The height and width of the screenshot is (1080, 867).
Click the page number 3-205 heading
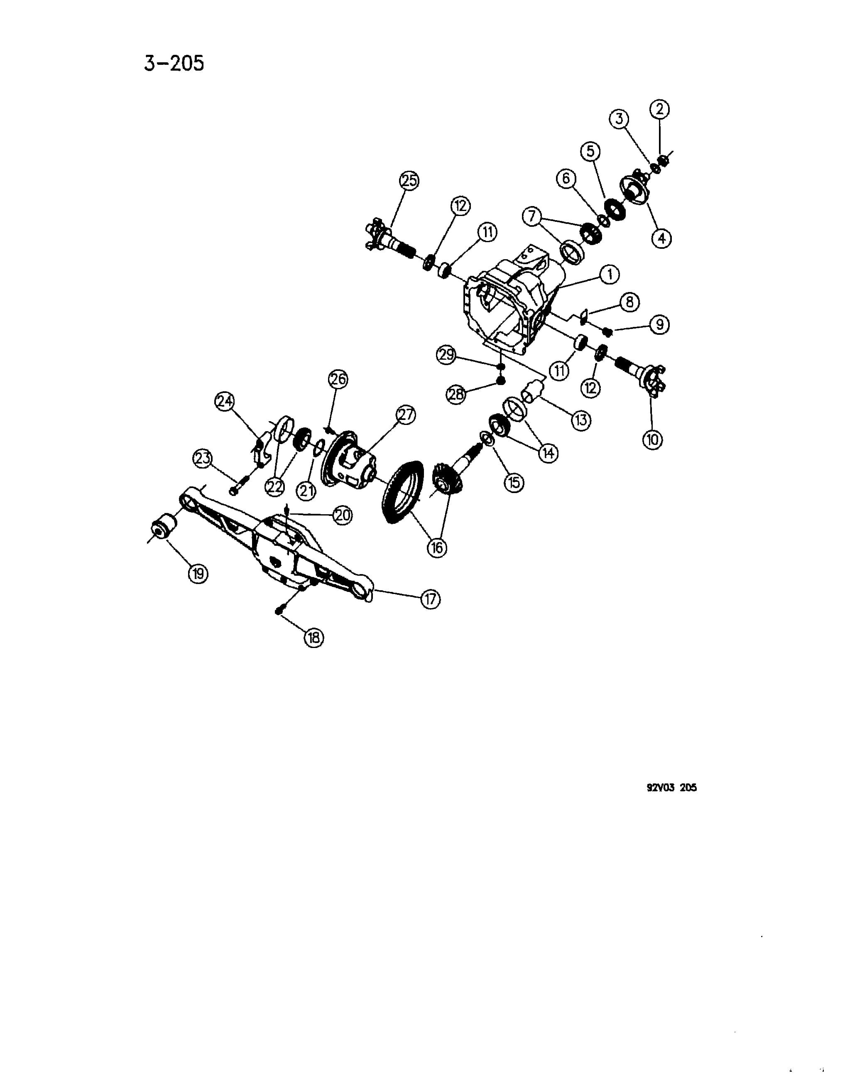174,64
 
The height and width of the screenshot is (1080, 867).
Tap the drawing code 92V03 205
672,788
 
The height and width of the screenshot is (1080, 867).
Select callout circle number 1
610,275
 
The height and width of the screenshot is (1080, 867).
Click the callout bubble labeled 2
660,109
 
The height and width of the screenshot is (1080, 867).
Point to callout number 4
661,238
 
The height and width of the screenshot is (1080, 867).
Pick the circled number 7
532,216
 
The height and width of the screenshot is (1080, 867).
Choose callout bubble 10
653,440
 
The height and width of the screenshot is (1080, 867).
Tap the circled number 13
581,420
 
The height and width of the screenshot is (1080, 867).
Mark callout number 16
437,547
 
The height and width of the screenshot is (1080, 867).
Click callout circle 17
430,599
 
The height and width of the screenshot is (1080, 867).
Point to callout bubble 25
409,181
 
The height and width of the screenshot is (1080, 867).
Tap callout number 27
406,415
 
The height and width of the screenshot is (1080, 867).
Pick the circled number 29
446,355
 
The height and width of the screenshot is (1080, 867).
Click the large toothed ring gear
403,492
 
